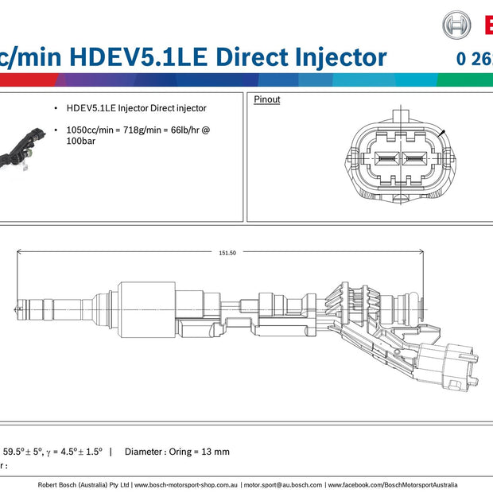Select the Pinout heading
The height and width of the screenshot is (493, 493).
pyautogui.click(x=266, y=100)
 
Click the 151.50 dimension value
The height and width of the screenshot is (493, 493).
pyautogui.click(x=227, y=252)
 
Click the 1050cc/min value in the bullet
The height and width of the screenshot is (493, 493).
pyautogui.click(x=89, y=129)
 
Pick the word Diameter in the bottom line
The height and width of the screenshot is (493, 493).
pyautogui.click(x=144, y=452)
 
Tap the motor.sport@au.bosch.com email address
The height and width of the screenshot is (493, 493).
pyautogui.click(x=283, y=484)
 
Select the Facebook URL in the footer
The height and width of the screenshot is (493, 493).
pyautogui.click(x=393, y=484)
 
